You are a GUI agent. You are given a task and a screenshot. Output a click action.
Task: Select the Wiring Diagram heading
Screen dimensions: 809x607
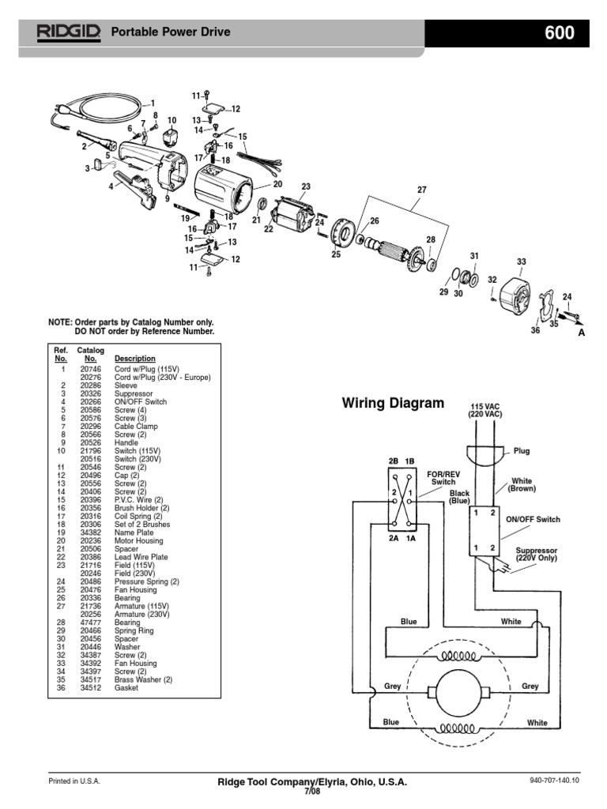(x=393, y=403)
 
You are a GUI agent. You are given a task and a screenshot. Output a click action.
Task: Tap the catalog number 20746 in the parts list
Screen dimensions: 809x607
(x=90, y=369)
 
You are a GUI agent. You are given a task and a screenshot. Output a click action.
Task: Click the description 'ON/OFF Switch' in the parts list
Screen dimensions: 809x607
(x=141, y=401)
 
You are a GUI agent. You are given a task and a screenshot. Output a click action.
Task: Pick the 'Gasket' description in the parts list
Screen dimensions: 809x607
(x=126, y=688)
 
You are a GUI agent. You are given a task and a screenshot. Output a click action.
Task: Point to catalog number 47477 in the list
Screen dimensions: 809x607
(x=90, y=623)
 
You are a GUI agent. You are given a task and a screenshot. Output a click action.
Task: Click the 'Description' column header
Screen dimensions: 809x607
(x=135, y=358)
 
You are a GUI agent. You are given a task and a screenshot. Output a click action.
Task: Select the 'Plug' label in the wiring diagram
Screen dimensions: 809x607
(x=522, y=451)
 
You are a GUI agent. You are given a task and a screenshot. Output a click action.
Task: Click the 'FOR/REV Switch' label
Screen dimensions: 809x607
(x=442, y=477)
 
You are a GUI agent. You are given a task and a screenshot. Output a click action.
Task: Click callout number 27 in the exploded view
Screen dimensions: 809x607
(x=421, y=190)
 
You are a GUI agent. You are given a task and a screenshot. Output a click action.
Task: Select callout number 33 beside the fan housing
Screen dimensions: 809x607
(x=521, y=262)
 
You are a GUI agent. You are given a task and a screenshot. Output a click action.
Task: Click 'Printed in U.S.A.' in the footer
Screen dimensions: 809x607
(x=75, y=781)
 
